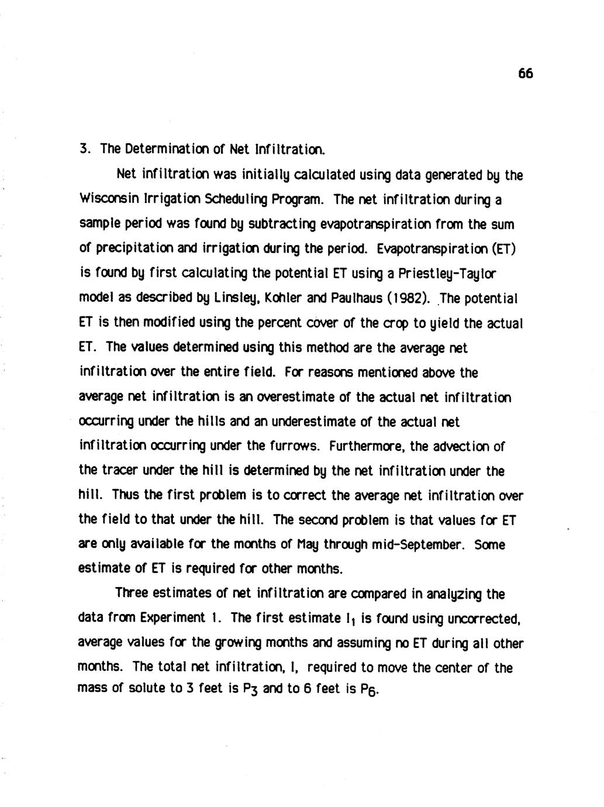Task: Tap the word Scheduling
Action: point(236,199)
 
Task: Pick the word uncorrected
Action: point(484,619)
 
